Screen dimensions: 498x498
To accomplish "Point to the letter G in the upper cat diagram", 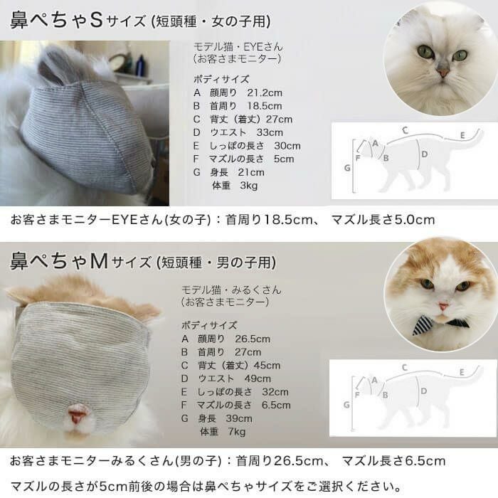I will [x=346, y=169].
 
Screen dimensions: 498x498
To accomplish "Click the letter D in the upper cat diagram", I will [x=424, y=154].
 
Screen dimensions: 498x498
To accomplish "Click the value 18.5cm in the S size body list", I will [x=264, y=106].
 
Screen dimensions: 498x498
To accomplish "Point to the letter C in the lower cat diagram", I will [x=404, y=368].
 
